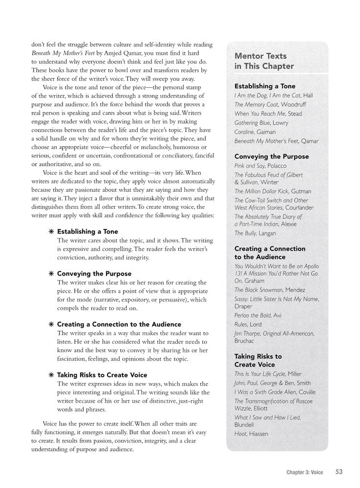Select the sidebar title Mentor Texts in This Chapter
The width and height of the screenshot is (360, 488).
(264, 61)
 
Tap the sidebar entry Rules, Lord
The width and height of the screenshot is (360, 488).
(248, 325)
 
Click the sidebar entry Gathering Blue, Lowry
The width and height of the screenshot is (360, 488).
(261, 122)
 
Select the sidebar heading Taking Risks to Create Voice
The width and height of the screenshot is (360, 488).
(258, 360)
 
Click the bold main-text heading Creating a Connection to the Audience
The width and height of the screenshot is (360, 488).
(119, 324)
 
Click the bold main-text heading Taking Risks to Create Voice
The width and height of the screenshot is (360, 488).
(102, 375)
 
